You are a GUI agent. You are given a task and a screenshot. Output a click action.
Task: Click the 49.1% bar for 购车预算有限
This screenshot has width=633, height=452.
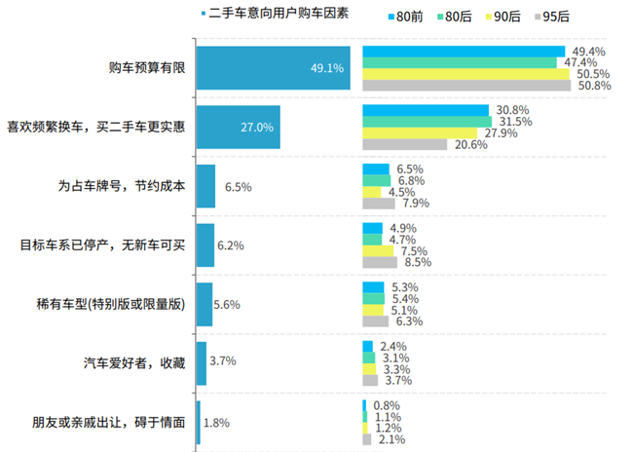point(273,68)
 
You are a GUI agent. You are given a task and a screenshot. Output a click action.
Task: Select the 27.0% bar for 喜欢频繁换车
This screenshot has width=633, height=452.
point(238,128)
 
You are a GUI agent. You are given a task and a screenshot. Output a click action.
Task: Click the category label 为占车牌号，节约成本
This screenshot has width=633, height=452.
point(122,186)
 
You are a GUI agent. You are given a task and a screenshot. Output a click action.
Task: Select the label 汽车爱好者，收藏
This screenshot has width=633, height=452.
point(134,362)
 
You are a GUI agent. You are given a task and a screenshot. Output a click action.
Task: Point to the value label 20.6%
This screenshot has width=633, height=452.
point(468,145)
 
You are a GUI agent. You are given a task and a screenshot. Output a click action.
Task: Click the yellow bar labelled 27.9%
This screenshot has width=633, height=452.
point(420,133)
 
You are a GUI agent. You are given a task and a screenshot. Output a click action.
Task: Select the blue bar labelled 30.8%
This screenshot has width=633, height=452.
point(426,110)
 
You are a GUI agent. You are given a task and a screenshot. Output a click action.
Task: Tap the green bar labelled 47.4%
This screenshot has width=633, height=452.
point(459,62)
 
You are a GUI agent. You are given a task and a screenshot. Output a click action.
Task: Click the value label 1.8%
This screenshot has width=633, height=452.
point(218,422)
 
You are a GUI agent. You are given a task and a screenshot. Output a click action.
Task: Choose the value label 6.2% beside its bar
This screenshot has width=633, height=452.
point(231,245)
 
